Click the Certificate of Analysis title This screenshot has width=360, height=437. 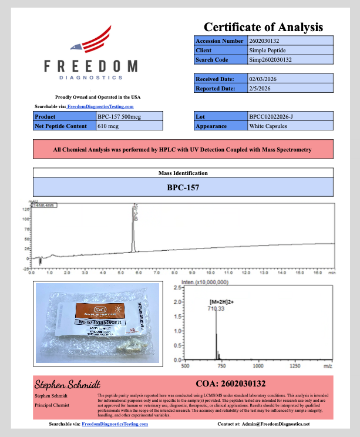pyautogui.click(x=263, y=27)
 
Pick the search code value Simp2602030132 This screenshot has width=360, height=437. pyautogui.click(x=270, y=60)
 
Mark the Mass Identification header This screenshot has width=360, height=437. pyautogui.click(x=183, y=173)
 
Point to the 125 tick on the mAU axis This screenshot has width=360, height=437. pyautogui.click(x=26, y=209)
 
